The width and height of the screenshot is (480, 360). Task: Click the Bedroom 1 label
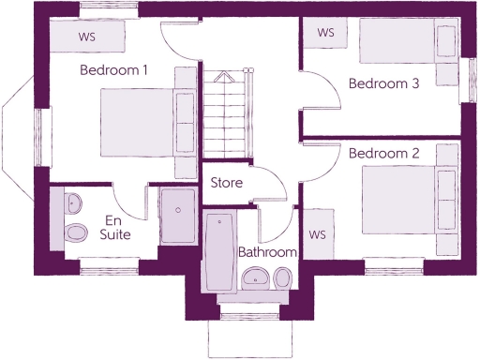113,69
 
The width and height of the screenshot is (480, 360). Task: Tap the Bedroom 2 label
383,153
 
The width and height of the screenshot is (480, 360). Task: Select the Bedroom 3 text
383,83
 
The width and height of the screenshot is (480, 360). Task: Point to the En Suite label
115,227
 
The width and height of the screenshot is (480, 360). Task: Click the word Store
227,183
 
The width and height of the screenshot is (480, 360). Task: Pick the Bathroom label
267,252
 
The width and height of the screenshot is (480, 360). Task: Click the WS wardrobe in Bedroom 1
86,37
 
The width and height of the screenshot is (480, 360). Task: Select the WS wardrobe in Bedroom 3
325,33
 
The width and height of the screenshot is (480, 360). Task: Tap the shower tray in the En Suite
177,217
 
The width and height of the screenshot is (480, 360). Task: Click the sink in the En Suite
73,201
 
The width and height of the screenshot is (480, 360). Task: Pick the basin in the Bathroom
254,277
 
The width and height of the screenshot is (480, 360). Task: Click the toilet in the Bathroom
282,277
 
